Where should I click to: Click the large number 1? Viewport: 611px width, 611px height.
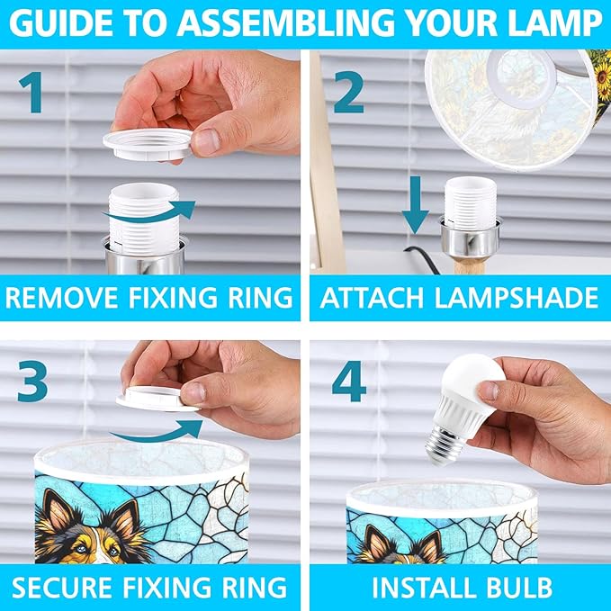(x=32, y=93)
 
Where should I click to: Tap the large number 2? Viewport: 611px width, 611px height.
(x=349, y=93)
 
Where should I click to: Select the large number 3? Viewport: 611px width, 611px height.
(x=32, y=381)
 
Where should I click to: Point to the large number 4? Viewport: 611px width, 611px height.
(x=349, y=381)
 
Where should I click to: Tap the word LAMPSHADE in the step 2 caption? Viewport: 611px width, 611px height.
(x=517, y=298)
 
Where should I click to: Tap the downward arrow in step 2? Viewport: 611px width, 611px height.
(x=416, y=205)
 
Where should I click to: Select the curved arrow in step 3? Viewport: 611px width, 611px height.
(x=156, y=432)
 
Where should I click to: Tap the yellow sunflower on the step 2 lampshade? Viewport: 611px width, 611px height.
(x=603, y=73)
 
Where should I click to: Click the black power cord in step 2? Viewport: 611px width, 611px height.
(x=422, y=258)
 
